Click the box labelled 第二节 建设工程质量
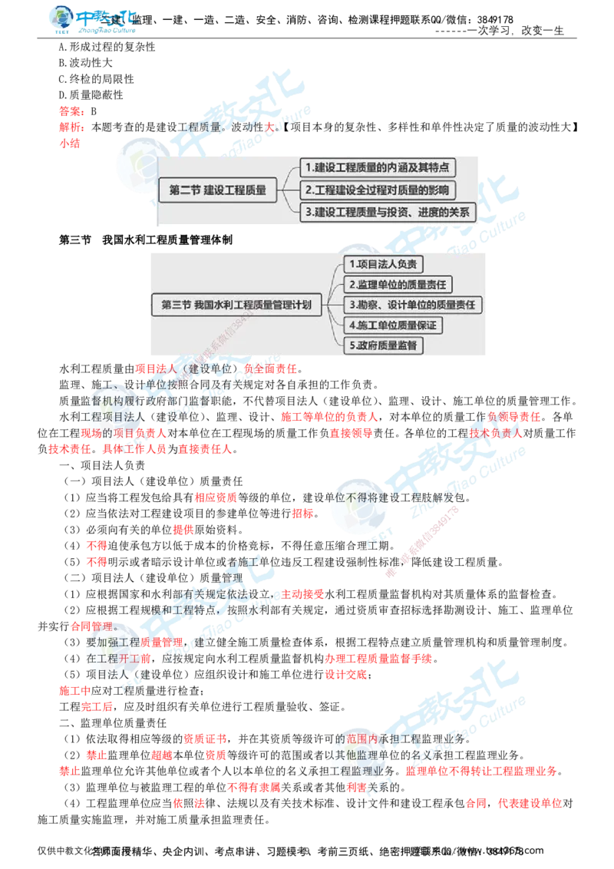pos(218,190)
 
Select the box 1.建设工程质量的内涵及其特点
pos(376,167)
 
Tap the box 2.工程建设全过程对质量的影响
pos(376,190)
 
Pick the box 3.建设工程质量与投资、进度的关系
pos(387,212)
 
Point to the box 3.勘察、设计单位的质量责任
pos(412,305)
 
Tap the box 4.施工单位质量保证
pos(391,325)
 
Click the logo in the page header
pos(92,21)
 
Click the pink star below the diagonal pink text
pos(393,573)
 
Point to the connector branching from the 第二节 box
pos(289,190)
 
